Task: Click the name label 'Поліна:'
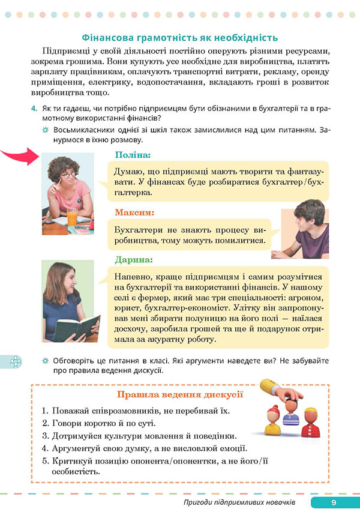click(x=133, y=155)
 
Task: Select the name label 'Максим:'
click(x=134, y=212)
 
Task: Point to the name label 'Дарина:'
click(x=133, y=260)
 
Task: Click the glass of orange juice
click(x=72, y=217)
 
